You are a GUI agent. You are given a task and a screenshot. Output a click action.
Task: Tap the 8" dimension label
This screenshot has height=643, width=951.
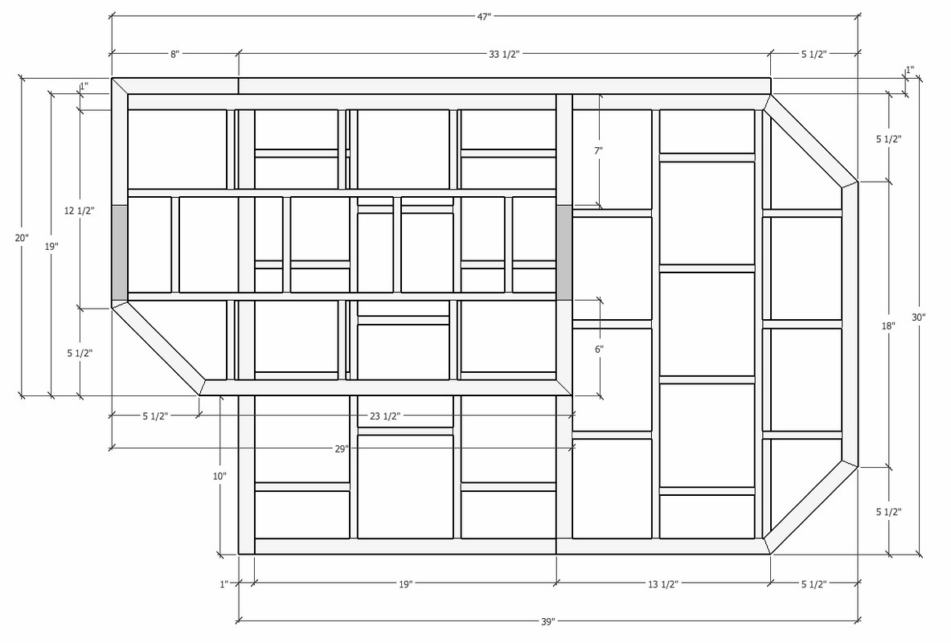(174, 54)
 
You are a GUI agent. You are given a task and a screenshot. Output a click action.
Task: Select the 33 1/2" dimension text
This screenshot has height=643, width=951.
(505, 54)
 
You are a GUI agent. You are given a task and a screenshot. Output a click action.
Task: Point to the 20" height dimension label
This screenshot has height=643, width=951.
(22, 238)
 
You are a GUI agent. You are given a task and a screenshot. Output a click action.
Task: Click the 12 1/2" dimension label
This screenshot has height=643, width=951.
(80, 211)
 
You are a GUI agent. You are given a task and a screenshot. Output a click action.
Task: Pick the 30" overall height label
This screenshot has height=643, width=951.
(919, 317)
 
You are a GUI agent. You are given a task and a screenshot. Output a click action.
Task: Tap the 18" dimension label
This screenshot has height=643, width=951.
(887, 326)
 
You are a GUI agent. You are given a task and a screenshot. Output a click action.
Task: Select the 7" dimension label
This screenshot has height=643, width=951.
(599, 150)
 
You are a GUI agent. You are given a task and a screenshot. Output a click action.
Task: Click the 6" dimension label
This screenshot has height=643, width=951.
(599, 349)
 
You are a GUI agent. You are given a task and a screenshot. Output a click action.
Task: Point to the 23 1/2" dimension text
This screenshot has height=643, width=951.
(385, 416)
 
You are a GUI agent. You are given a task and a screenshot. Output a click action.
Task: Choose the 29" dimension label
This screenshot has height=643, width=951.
(342, 448)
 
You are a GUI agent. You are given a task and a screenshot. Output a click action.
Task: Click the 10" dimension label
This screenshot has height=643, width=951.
(219, 476)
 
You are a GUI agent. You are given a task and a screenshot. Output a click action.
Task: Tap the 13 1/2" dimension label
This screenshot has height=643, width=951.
(663, 584)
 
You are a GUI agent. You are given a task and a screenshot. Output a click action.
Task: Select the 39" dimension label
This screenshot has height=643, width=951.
(548, 622)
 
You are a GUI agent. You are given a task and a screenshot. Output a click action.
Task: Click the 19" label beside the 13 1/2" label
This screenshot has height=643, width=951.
(405, 584)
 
